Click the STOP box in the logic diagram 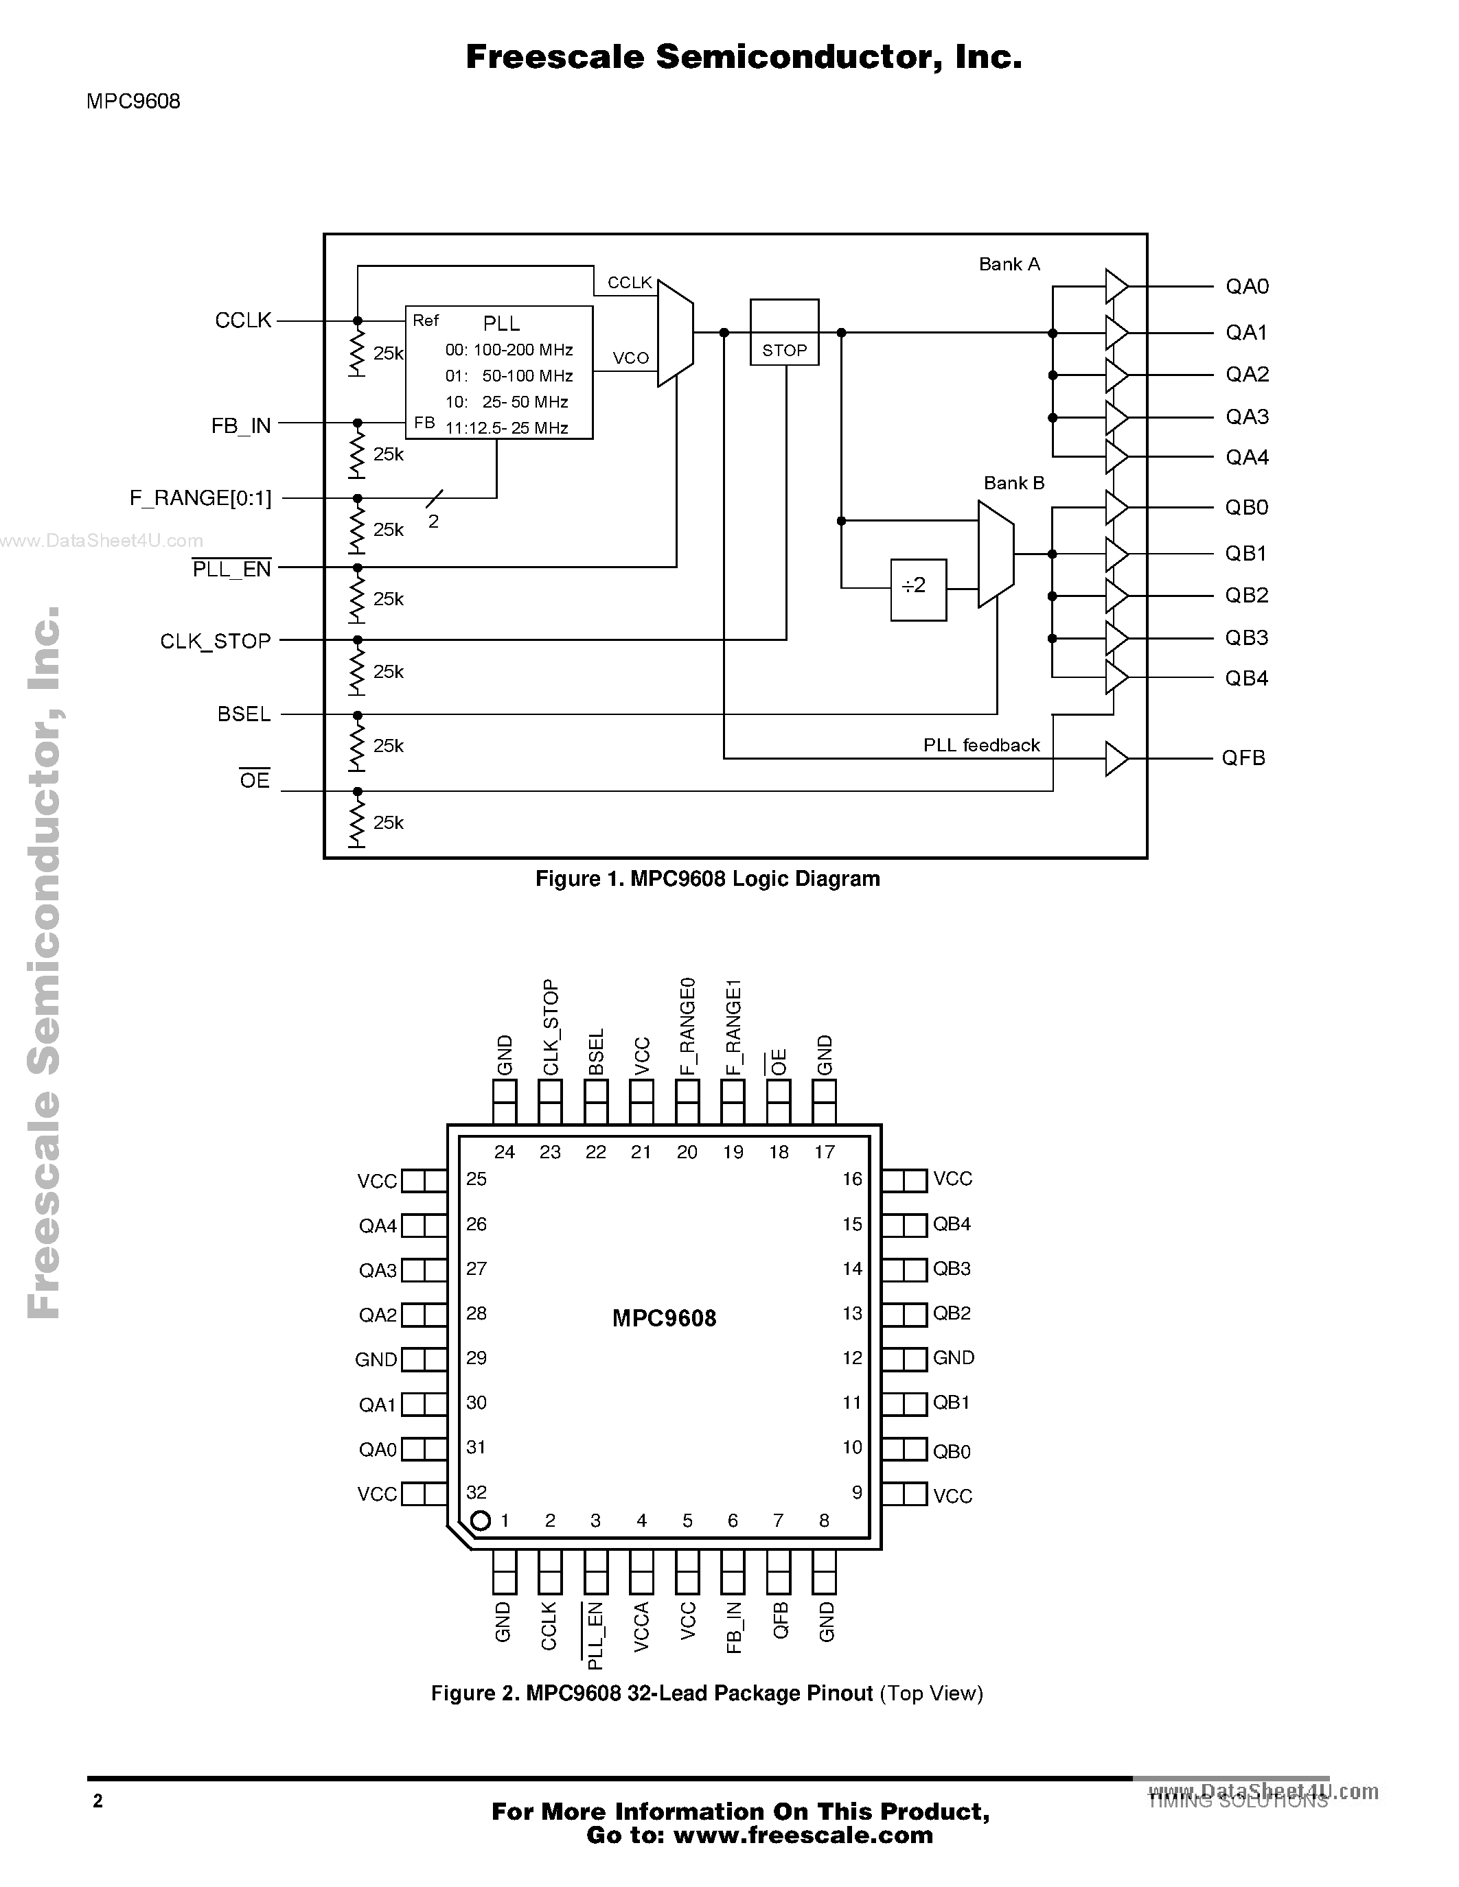pos(784,333)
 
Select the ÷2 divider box pos(918,589)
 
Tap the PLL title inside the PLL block pos(501,323)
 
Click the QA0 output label pos(1246,286)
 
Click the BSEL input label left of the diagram pos(244,714)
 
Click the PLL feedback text pos(981,745)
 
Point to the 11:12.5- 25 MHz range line pos(507,427)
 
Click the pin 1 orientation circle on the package pos(481,1520)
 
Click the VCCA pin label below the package pos(641,1628)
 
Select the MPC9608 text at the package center pos(664,1317)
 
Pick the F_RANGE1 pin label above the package pos(733,1027)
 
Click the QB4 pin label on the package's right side pos(952,1224)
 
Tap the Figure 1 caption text pos(707,879)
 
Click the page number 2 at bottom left pos(97,1801)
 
